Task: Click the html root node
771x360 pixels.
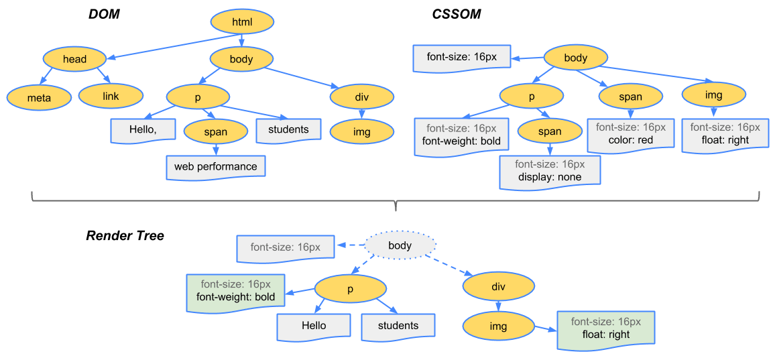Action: tap(242, 22)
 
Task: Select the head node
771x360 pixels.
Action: tap(74, 59)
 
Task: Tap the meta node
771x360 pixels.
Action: tap(39, 98)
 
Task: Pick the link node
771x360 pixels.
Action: tap(111, 97)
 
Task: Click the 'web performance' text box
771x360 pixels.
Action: tap(215, 166)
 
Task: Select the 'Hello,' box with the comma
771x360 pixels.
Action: tap(143, 130)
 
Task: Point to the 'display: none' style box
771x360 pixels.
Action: tap(550, 171)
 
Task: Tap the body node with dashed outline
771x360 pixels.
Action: tap(400, 245)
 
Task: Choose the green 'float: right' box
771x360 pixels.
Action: tap(605, 328)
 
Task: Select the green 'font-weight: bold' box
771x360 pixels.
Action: tap(235, 291)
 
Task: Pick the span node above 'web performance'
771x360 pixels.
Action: tap(215, 132)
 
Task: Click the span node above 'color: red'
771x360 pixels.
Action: tap(630, 97)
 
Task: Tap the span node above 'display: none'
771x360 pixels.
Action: tap(549, 131)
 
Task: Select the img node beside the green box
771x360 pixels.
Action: tap(498, 326)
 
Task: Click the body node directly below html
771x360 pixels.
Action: tap(241, 59)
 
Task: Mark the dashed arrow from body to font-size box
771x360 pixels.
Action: tap(349, 246)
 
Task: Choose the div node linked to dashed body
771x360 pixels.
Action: tap(498, 287)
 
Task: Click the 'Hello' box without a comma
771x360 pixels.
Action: tap(314, 326)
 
